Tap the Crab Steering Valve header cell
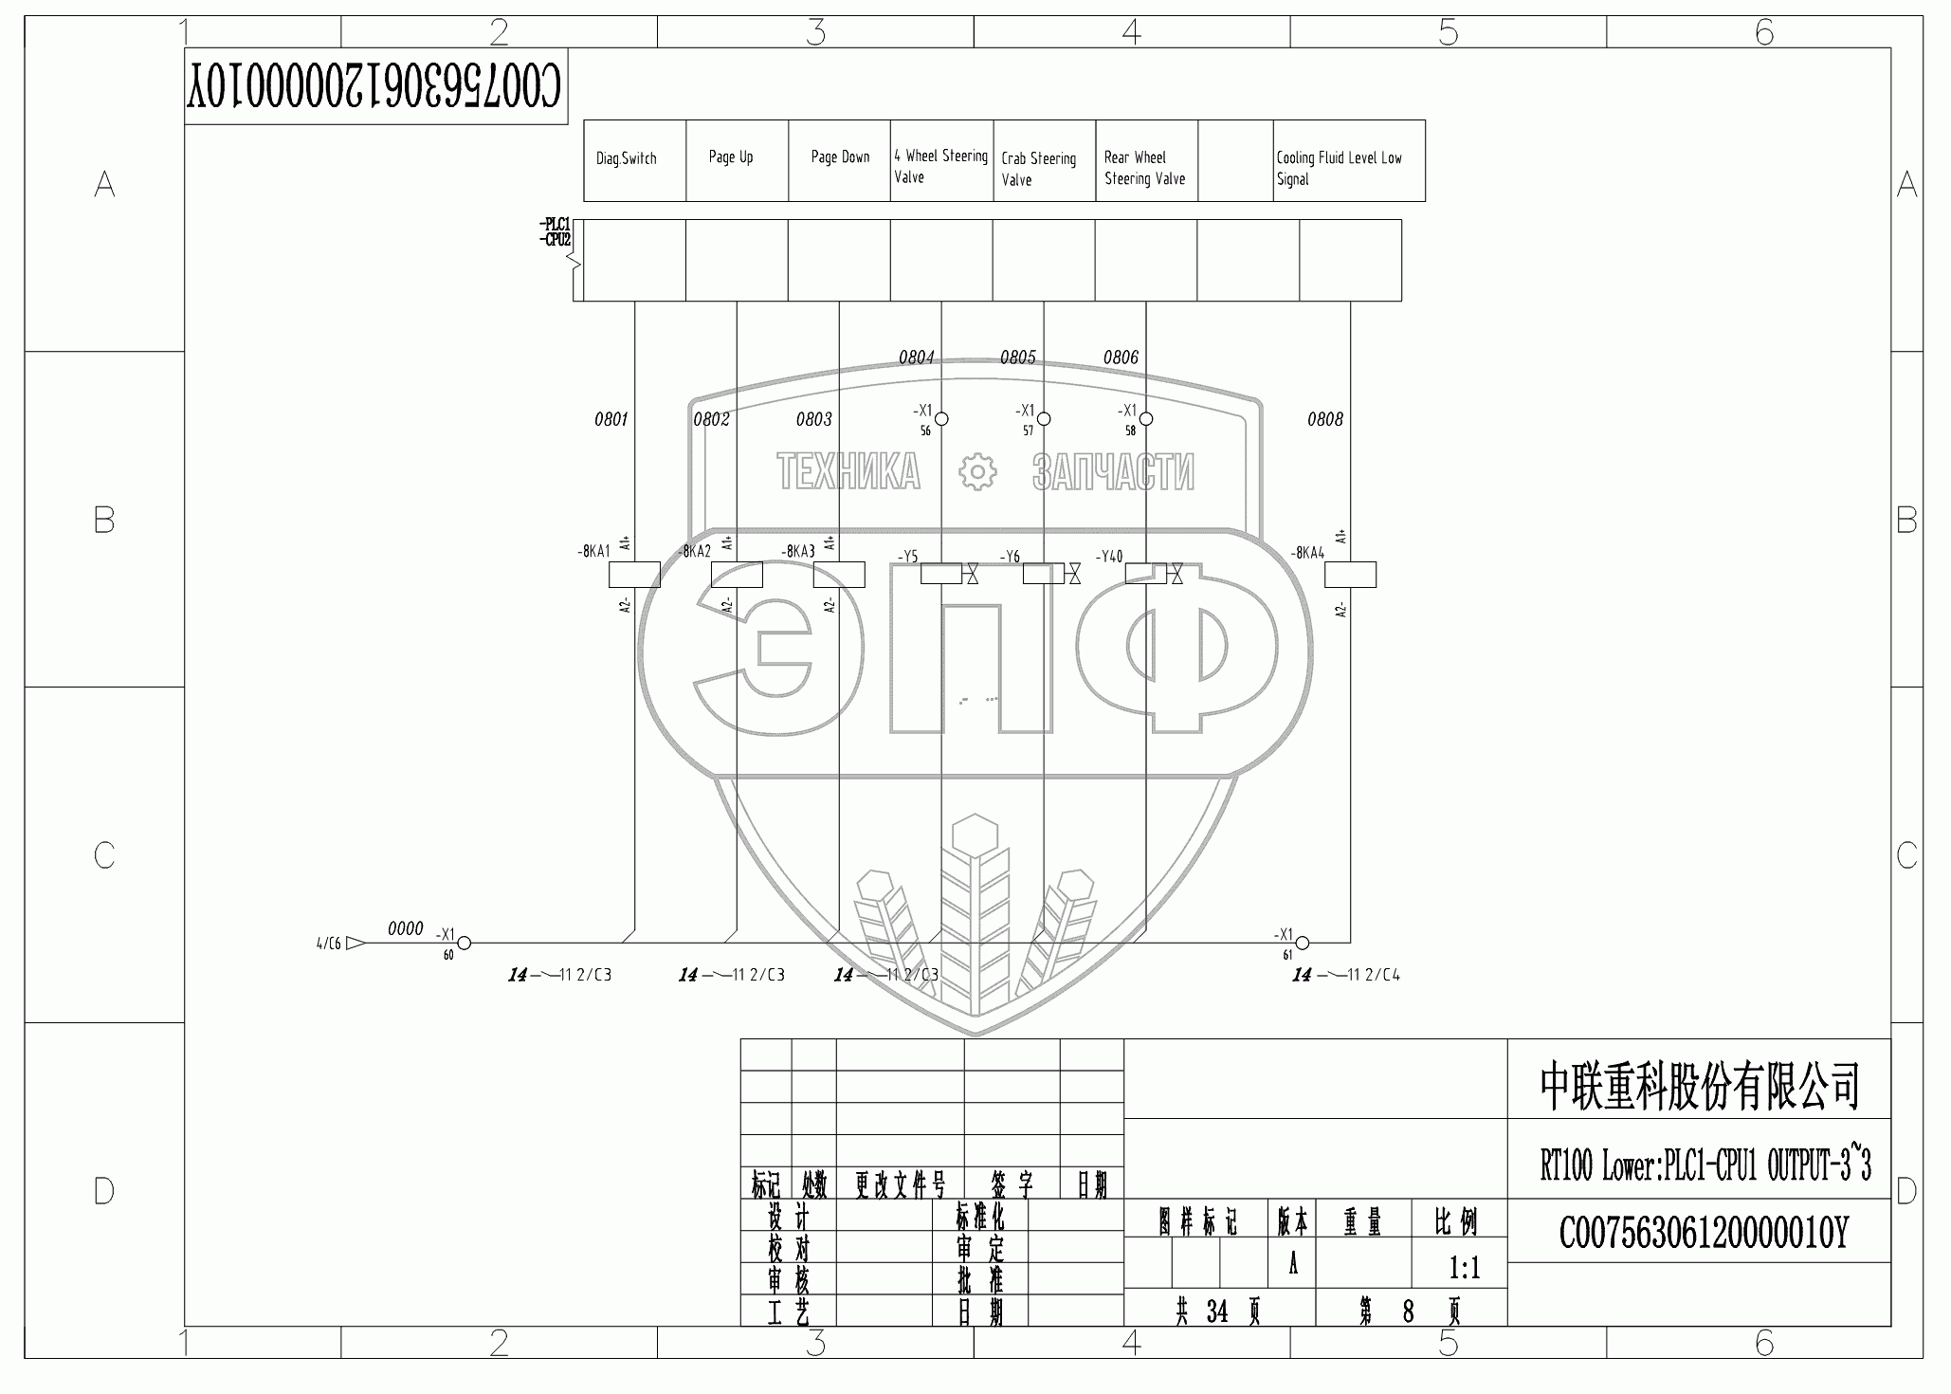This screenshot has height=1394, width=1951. pos(1044,168)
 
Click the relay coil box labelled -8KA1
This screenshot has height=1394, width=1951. pos(634,575)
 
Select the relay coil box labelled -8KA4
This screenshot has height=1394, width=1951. pos(1350,575)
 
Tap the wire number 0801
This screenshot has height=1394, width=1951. pos(611,419)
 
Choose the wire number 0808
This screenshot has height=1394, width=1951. pos(1324,419)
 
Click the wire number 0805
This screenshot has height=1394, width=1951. pos(1017,358)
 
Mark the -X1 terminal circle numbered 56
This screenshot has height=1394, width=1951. pos(941,418)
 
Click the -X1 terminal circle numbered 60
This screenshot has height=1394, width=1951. pos(465,943)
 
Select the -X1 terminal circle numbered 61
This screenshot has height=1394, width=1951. pos(1303,943)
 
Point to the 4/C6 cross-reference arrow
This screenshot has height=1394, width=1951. pos(356,943)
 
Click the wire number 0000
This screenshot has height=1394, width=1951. pos(405,928)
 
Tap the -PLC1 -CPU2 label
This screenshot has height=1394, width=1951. pos(555,232)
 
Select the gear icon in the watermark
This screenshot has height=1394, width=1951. pos(976,471)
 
